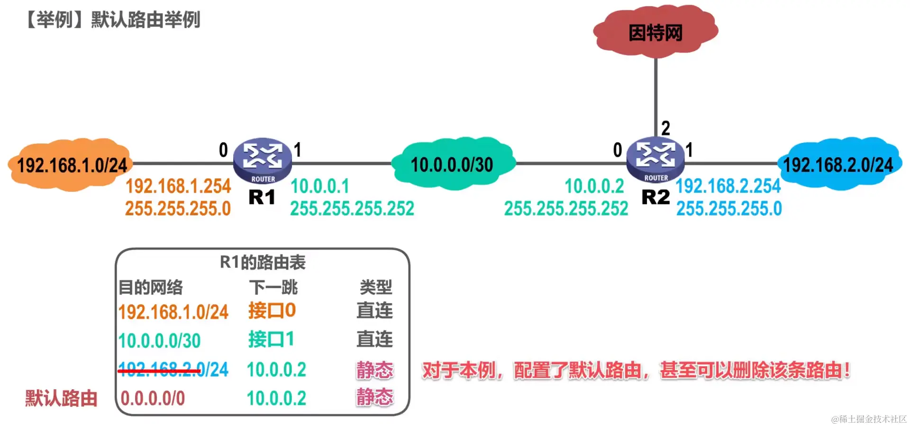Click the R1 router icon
click(x=263, y=160)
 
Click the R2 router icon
click(x=655, y=159)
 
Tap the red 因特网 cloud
click(x=655, y=32)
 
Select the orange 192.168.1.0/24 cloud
click(x=71, y=165)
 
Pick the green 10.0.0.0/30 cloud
click(x=452, y=164)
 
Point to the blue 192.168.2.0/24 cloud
click(x=838, y=164)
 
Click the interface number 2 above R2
click(x=665, y=128)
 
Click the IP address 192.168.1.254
click(x=178, y=186)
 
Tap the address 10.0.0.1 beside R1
click(x=320, y=186)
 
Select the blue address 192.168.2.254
click(x=728, y=186)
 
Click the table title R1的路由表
click(x=263, y=262)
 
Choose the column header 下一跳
click(x=273, y=287)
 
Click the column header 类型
click(x=375, y=287)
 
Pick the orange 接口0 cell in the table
click(x=272, y=311)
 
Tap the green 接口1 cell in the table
click(x=271, y=339)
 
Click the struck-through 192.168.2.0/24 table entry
click(x=173, y=369)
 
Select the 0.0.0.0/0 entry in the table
click(x=153, y=398)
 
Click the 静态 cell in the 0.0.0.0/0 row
click(x=375, y=397)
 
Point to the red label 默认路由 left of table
click(x=61, y=398)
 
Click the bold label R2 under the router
click(x=655, y=197)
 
